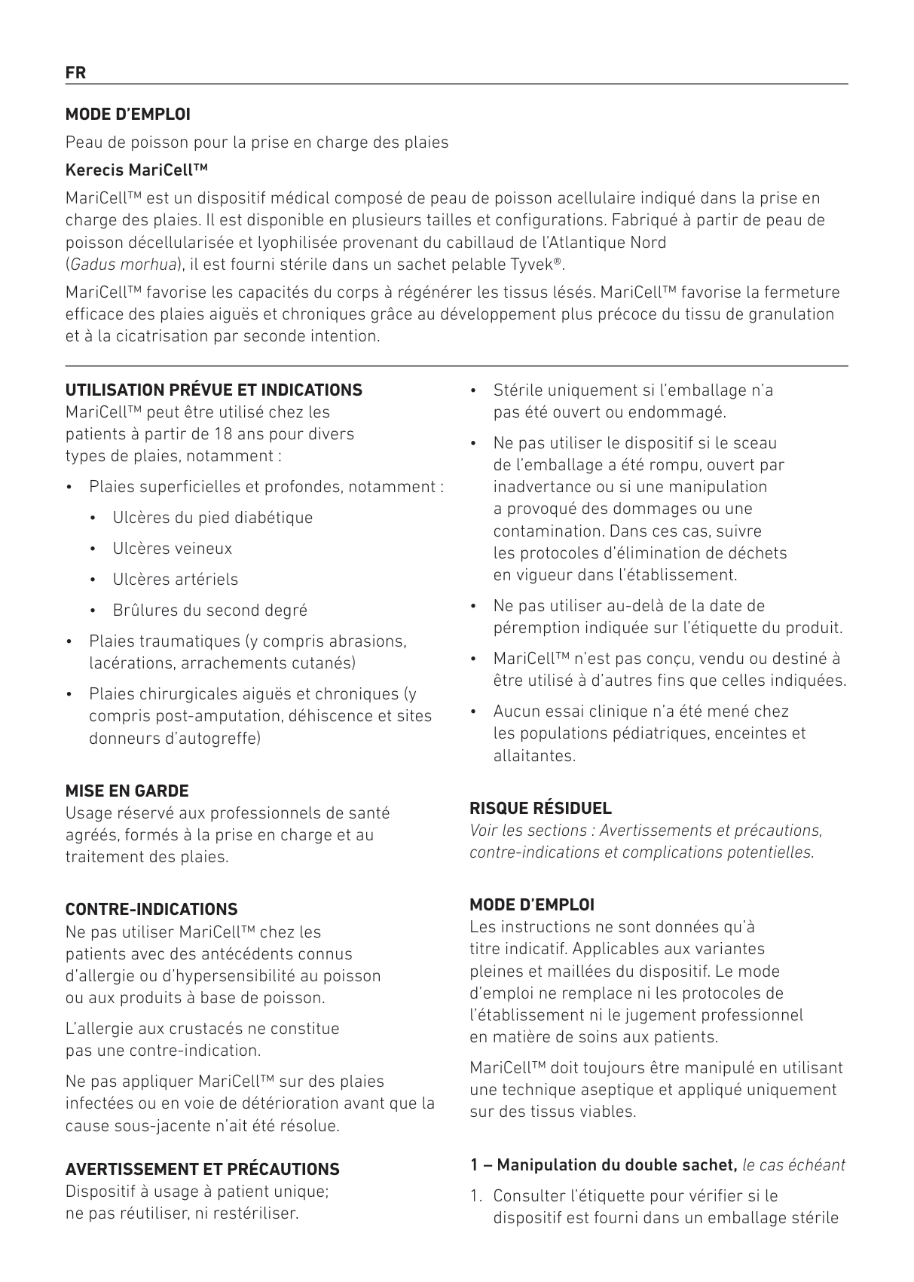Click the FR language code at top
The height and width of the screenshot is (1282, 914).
coord(75,73)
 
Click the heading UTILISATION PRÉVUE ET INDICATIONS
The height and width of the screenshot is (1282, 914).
coord(214,390)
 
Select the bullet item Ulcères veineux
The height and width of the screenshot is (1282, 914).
coord(173,549)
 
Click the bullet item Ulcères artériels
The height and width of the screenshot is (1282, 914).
coord(175,580)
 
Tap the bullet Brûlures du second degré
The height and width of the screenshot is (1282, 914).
coord(209,610)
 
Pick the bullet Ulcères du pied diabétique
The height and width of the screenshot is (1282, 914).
coord(212,518)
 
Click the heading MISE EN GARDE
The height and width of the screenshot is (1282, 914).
coord(127,791)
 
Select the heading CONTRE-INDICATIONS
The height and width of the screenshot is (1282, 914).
coord(151,910)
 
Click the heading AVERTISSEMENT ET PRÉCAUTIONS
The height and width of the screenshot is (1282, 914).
coord(203,1170)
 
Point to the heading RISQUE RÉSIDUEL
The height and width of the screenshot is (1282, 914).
coord(540,809)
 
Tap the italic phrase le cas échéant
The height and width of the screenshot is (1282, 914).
coord(793,1165)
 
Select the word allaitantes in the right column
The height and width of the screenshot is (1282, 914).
coord(534,755)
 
